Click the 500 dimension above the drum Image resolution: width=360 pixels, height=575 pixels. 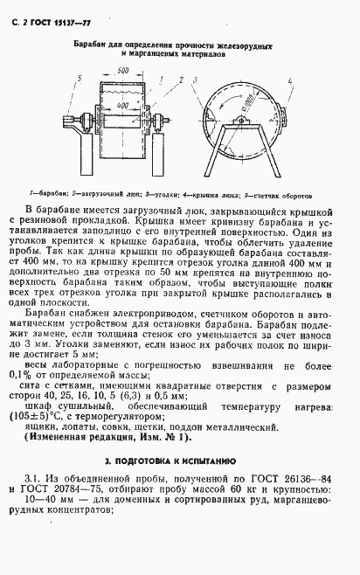pos(123,69)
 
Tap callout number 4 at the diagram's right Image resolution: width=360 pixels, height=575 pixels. pos(289,80)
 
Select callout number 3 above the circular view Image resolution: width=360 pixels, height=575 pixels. pos(203,79)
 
